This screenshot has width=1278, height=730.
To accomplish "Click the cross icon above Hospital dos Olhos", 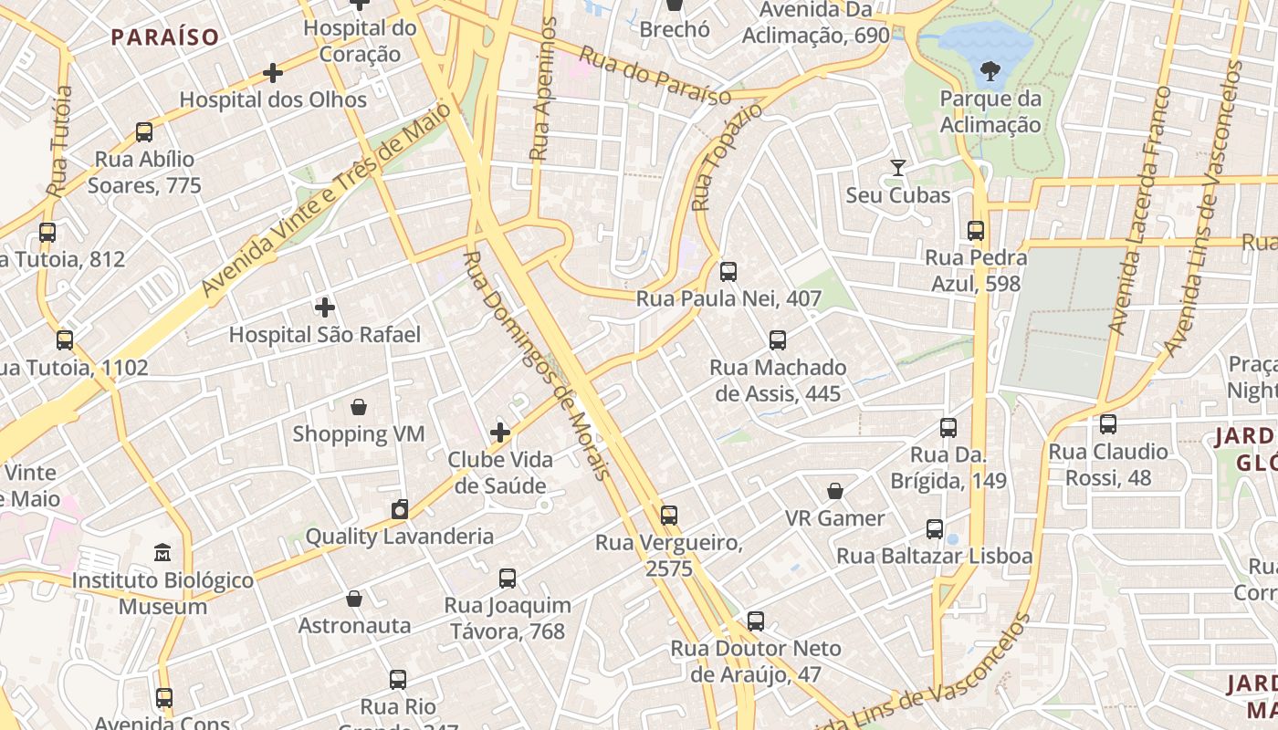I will [x=272, y=73].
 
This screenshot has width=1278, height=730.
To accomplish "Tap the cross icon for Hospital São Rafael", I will [x=324, y=308].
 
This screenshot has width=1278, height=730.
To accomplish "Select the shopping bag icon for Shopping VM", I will [x=359, y=407].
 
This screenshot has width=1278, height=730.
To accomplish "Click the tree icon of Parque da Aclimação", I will [x=989, y=71].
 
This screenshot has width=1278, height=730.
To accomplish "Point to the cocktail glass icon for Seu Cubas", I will [x=898, y=168].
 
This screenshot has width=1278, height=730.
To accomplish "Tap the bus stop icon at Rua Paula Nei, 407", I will [x=728, y=272].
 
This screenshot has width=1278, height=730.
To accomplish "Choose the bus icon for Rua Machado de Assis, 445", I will [x=777, y=340].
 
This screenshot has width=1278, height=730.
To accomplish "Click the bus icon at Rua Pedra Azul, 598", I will [x=976, y=231].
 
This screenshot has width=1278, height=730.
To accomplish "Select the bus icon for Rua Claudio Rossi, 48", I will [x=1107, y=424].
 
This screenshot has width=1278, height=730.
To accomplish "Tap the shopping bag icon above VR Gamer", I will [x=834, y=492].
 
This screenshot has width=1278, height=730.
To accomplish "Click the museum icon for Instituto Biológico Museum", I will [x=162, y=553].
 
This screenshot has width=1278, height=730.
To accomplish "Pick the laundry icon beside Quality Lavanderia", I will [x=399, y=509].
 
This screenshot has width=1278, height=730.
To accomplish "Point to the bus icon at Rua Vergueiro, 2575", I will [x=669, y=516].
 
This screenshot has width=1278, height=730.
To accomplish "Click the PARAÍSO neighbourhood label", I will [x=165, y=37].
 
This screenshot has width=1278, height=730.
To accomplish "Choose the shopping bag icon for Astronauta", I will [x=354, y=600].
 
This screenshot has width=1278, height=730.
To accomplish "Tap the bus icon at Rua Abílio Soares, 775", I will [x=144, y=132].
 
